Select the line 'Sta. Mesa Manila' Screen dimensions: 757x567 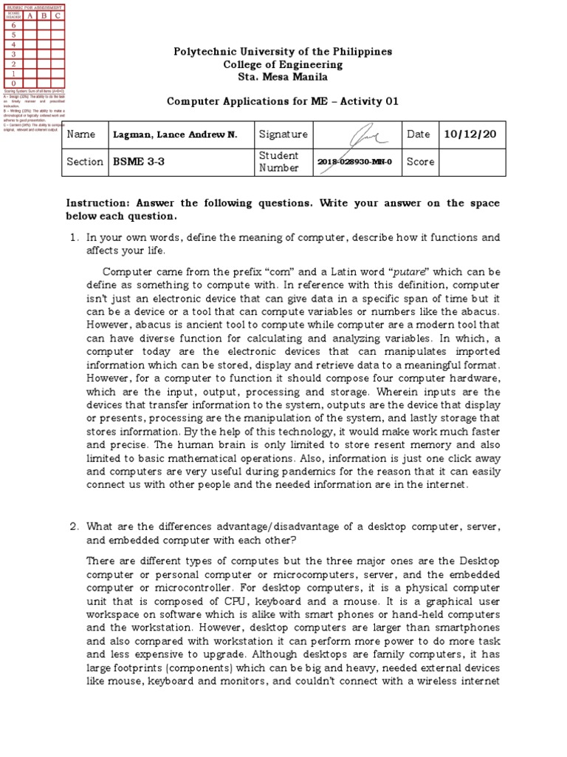click(283, 77)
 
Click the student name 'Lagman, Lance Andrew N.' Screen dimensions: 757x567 click(175, 135)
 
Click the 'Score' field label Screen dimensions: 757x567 click(420, 161)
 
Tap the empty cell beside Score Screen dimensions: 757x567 click(472, 161)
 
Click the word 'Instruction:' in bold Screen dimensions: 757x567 click(97, 203)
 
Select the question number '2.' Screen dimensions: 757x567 click(74, 526)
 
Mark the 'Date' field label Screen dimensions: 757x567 click(418, 135)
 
